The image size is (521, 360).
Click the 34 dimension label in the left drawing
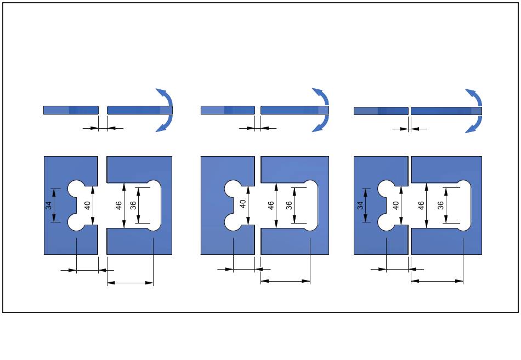tap(48, 205)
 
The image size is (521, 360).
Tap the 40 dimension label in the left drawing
tap(87, 205)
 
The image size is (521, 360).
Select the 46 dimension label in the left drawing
tap(118, 205)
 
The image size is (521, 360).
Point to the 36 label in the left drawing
tap(132, 205)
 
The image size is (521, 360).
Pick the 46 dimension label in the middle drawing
tap(270, 205)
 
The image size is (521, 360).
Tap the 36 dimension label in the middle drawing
tap(288, 205)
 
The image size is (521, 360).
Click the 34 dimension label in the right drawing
tap(360, 205)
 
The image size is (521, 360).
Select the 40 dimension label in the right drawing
tap(395, 205)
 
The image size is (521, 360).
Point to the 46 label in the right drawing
tap(421, 205)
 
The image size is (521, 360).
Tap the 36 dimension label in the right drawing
tap(440, 205)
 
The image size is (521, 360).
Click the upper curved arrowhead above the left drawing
tap(160, 92)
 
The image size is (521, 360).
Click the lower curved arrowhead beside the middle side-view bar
tap(316, 128)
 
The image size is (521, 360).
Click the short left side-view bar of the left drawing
tap(71, 110)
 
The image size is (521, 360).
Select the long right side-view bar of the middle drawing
tap(295, 110)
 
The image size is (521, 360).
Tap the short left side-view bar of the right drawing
tap(381, 111)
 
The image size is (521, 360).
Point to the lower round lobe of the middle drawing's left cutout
tap(233, 222)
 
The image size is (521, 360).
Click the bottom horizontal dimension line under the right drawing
tap(437, 281)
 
